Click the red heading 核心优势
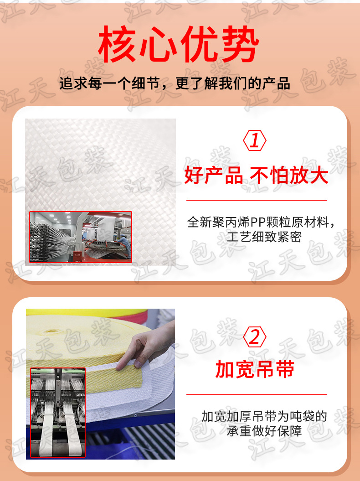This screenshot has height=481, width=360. pyautogui.click(x=179, y=46)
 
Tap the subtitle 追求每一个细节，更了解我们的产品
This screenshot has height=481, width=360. pyautogui.click(x=175, y=84)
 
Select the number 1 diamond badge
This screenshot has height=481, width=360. pyautogui.click(x=255, y=141)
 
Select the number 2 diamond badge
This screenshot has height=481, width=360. pyautogui.click(x=255, y=337)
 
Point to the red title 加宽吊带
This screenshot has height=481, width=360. pyautogui.click(x=255, y=370)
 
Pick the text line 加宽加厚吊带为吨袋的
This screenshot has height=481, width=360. pyautogui.click(x=264, y=416)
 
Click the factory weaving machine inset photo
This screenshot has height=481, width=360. pyautogui.click(x=81, y=237)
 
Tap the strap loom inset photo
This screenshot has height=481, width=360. pyautogui.click(x=58, y=412)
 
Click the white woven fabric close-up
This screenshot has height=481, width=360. pyautogui.click(x=100, y=164)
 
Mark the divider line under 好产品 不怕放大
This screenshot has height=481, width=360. pyautogui.click(x=256, y=200)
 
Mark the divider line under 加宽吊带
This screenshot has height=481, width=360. pyautogui.click(x=256, y=394)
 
